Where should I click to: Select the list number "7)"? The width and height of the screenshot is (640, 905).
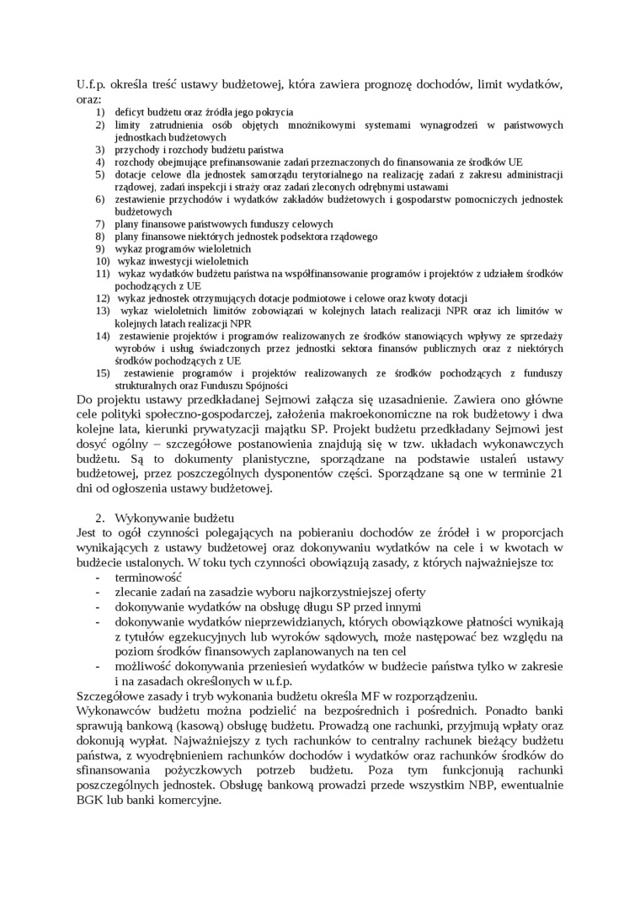click(x=99, y=224)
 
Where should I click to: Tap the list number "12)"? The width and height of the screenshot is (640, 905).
click(x=101, y=299)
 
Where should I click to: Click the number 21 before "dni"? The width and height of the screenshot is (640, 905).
click(x=556, y=475)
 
